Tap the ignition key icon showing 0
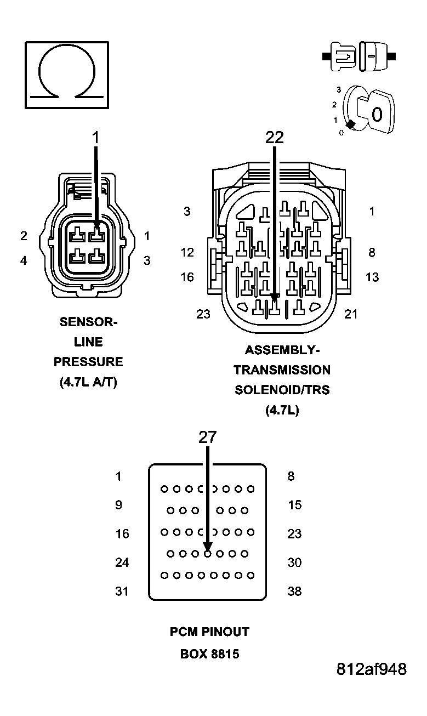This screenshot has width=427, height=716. pyautogui.click(x=369, y=113)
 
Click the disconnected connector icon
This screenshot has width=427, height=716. pyautogui.click(x=359, y=56)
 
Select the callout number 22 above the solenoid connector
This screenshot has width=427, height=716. pyautogui.click(x=275, y=138)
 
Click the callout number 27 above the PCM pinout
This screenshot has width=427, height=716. pyautogui.click(x=208, y=437)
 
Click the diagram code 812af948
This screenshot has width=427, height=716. pyautogui.click(x=372, y=669)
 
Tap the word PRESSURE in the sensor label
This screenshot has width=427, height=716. pyautogui.click(x=88, y=362)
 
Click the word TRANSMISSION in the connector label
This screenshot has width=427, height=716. pyautogui.click(x=282, y=370)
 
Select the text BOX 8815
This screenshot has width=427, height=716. pyautogui.click(x=209, y=654)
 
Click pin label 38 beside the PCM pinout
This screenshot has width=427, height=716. pyautogui.click(x=295, y=592)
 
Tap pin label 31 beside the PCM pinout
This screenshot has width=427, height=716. pyautogui.click(x=122, y=592)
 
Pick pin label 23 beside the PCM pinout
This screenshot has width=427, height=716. pyautogui.click(x=295, y=533)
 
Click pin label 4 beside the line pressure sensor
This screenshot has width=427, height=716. pyautogui.click(x=24, y=261)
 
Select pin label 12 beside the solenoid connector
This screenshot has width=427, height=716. pyautogui.click(x=187, y=252)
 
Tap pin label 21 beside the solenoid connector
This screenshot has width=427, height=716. pyautogui.click(x=351, y=314)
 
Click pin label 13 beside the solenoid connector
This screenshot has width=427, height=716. pyautogui.click(x=372, y=277)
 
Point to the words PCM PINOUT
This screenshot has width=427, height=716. pyautogui.click(x=209, y=632)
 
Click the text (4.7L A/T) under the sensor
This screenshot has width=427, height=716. pyautogui.click(x=88, y=383)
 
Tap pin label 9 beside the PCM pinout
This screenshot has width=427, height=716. pyautogui.click(x=119, y=505)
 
